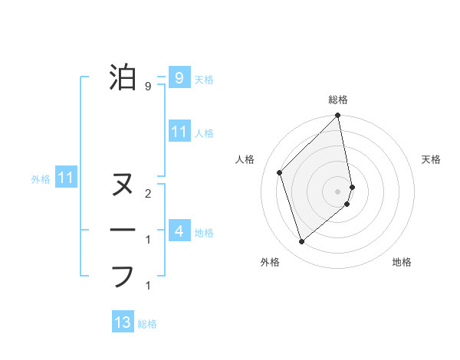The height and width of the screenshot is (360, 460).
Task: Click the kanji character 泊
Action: coord(123,77)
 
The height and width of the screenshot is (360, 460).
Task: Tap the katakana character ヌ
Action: coord(123,185)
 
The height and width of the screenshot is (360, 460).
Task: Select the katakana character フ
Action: coord(123,276)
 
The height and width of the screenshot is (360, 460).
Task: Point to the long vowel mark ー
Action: coord(123,230)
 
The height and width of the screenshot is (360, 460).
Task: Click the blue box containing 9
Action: coord(179,77)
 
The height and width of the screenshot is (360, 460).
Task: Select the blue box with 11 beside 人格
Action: coord(179,132)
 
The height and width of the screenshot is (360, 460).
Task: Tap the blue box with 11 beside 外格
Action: coord(67,178)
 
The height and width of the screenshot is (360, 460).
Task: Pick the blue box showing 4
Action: coord(179,231)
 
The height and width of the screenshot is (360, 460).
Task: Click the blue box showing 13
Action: coord(123,322)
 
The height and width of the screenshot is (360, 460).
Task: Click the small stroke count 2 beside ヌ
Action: coord(147,195)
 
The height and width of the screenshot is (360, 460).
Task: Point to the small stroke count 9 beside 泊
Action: coord(147,87)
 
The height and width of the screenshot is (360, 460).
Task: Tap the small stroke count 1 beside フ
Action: coord(147,286)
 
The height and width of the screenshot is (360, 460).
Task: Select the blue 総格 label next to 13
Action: coord(147,324)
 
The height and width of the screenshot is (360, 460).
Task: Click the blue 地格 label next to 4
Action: coord(204,232)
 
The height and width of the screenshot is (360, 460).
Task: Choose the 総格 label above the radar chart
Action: coord(338,100)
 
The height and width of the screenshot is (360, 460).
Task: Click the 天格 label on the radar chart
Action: coord(431,159)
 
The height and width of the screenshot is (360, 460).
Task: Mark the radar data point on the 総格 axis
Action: coord(338,116)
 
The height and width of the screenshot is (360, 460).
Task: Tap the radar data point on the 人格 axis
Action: coord(280,172)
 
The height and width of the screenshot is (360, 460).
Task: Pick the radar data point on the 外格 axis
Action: coord(301,242)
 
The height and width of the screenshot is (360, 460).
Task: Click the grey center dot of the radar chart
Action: coord(338,191)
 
